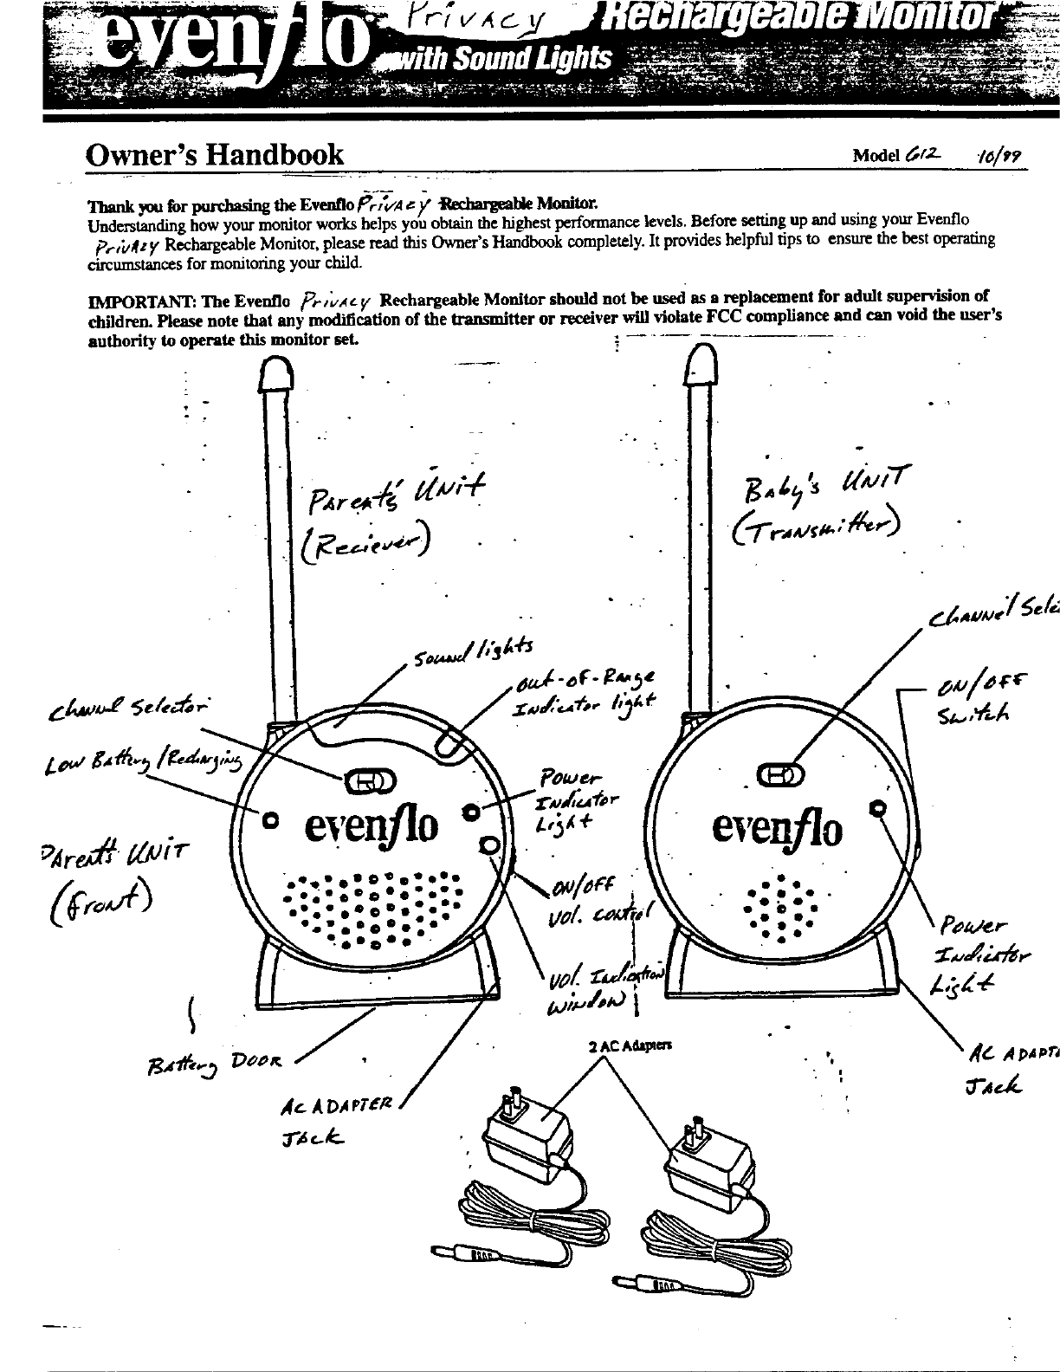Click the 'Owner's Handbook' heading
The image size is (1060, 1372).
point(214,155)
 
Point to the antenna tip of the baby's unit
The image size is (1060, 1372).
point(703,360)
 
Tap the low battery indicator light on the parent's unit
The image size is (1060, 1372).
point(270,818)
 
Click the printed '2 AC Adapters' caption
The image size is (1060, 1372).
point(619,1045)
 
